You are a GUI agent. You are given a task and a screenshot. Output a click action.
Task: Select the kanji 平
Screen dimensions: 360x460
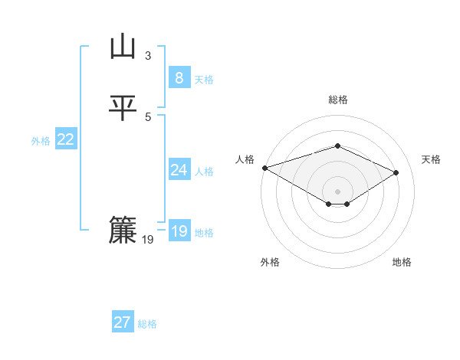click(123, 108)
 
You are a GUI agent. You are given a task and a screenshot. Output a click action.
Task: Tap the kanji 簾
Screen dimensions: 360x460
click(123, 231)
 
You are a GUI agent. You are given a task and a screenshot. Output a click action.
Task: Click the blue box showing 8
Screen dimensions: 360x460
click(179, 78)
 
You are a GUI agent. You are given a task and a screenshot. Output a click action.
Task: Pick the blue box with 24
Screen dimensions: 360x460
click(179, 170)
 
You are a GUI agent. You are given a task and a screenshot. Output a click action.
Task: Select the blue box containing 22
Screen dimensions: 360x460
click(66, 139)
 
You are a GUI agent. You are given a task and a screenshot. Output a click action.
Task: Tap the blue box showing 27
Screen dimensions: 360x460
click(122, 322)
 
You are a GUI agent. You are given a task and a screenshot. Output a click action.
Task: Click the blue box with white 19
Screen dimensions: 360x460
click(179, 231)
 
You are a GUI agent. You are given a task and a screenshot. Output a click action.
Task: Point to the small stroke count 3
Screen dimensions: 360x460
click(148, 55)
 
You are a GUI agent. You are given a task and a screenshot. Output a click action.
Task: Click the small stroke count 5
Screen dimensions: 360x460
click(148, 116)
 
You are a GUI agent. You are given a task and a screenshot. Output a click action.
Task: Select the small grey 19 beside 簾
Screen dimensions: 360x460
click(148, 240)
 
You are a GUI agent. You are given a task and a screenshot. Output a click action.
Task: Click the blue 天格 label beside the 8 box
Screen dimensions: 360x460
click(204, 79)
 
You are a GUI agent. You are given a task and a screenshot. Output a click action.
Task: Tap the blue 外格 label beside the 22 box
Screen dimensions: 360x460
click(41, 141)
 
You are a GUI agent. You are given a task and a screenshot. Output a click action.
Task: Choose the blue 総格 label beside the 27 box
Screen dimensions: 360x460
click(147, 324)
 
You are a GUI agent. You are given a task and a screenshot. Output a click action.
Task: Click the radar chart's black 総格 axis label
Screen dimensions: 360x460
click(337, 100)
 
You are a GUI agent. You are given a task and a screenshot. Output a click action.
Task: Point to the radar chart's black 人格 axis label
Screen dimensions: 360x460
click(245, 159)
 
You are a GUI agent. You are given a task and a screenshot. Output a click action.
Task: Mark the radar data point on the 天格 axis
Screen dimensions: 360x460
click(396, 172)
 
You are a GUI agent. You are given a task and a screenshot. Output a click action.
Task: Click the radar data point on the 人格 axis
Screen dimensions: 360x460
click(264, 168)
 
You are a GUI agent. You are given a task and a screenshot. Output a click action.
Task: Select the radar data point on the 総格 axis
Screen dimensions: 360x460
click(337, 146)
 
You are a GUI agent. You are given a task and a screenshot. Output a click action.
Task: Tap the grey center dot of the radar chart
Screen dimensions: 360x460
click(337, 191)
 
